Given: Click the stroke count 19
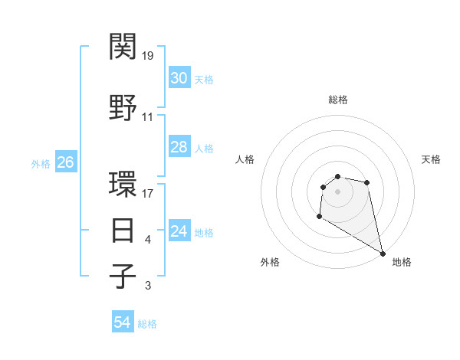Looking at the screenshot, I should [x=148, y=56].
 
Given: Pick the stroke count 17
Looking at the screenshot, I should [x=148, y=193].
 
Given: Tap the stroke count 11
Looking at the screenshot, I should [x=148, y=117].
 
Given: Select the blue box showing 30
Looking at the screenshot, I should [x=179, y=78].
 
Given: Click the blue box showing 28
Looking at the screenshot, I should [x=179, y=147].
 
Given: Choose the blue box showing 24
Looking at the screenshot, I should [x=179, y=231].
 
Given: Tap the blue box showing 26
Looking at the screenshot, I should [x=65, y=162].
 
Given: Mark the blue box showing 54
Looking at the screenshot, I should [x=122, y=322].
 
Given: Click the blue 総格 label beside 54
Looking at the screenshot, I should [x=147, y=324].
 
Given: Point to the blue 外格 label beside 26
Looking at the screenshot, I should [x=41, y=163].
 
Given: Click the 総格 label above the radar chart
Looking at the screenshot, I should [x=337, y=100].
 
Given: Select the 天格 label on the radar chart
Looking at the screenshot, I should [x=431, y=159].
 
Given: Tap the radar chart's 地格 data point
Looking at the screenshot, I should [x=383, y=254].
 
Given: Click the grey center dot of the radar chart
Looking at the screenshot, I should [x=337, y=191].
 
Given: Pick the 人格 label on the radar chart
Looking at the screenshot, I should [x=245, y=159].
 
